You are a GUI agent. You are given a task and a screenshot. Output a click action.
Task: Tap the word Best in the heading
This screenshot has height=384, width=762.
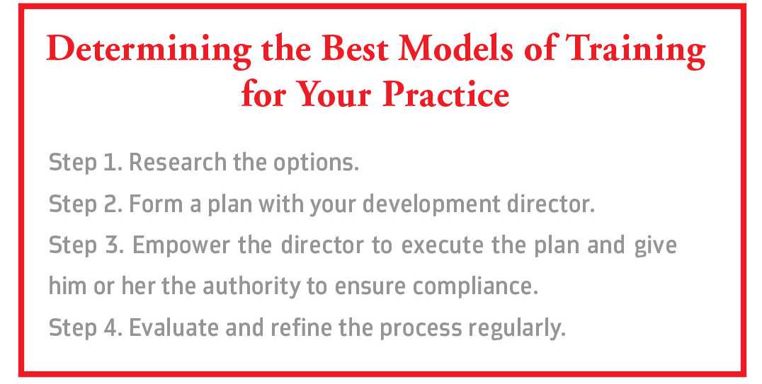(354, 49)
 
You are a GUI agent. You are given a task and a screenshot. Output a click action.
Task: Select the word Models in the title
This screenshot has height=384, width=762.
(457, 49)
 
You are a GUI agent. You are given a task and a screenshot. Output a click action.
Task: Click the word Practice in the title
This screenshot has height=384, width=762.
(445, 93)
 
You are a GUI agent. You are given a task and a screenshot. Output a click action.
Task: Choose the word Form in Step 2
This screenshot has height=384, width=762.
(156, 204)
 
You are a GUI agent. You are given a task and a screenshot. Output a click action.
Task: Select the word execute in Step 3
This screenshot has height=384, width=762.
(443, 245)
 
